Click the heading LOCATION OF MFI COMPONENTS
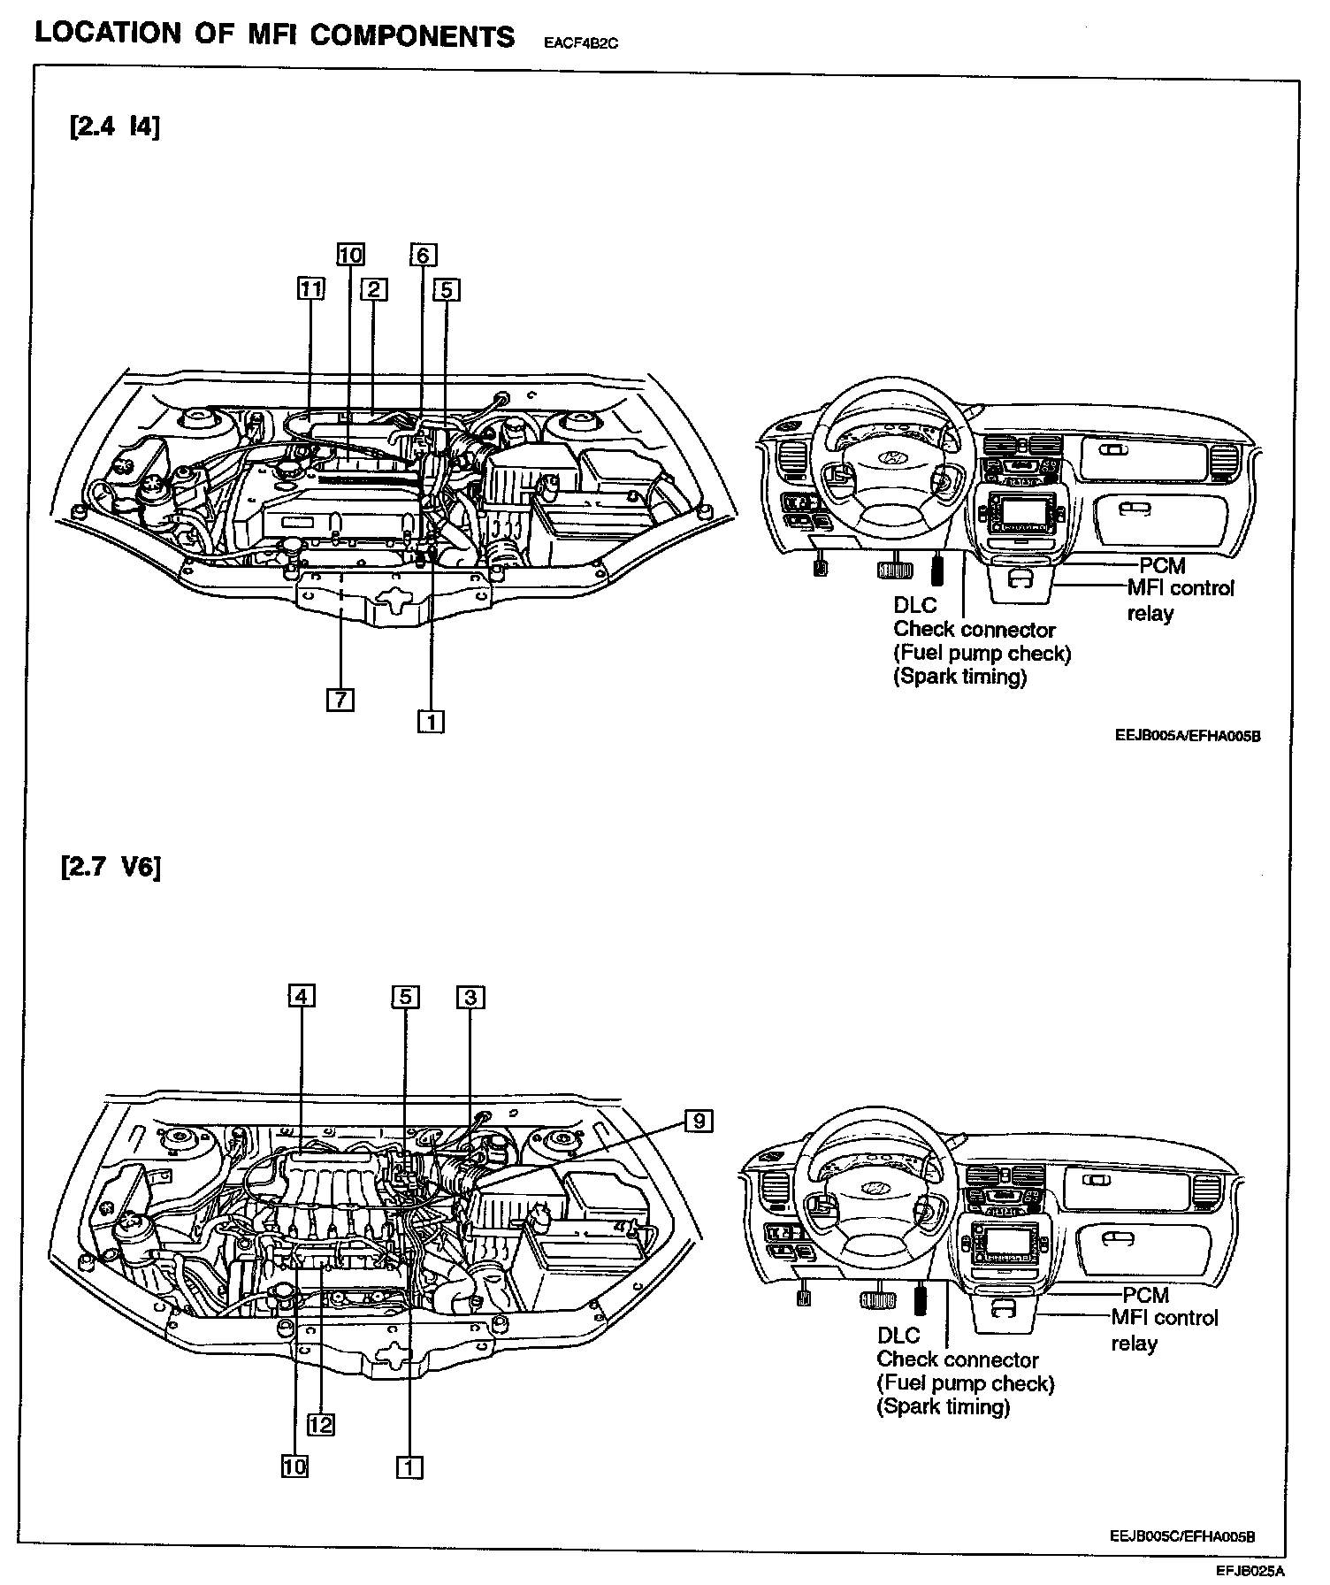click(x=274, y=35)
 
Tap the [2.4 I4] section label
click(x=114, y=127)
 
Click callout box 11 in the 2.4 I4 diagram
click(x=310, y=289)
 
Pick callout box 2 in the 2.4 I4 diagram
click(x=374, y=289)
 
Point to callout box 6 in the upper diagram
click(x=423, y=256)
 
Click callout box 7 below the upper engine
click(x=340, y=700)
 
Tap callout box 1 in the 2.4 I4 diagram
click(x=431, y=722)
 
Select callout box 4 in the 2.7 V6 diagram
click(x=302, y=997)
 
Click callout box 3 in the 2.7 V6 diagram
click(x=470, y=997)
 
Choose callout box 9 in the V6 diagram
click(x=699, y=1122)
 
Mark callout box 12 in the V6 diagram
click(x=321, y=1424)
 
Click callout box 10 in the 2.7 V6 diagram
click(x=294, y=1466)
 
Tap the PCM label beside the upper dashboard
click(x=1162, y=565)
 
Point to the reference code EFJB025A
click(x=1250, y=1571)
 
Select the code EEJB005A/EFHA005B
click(x=1187, y=736)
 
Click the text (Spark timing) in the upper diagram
click(x=960, y=678)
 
